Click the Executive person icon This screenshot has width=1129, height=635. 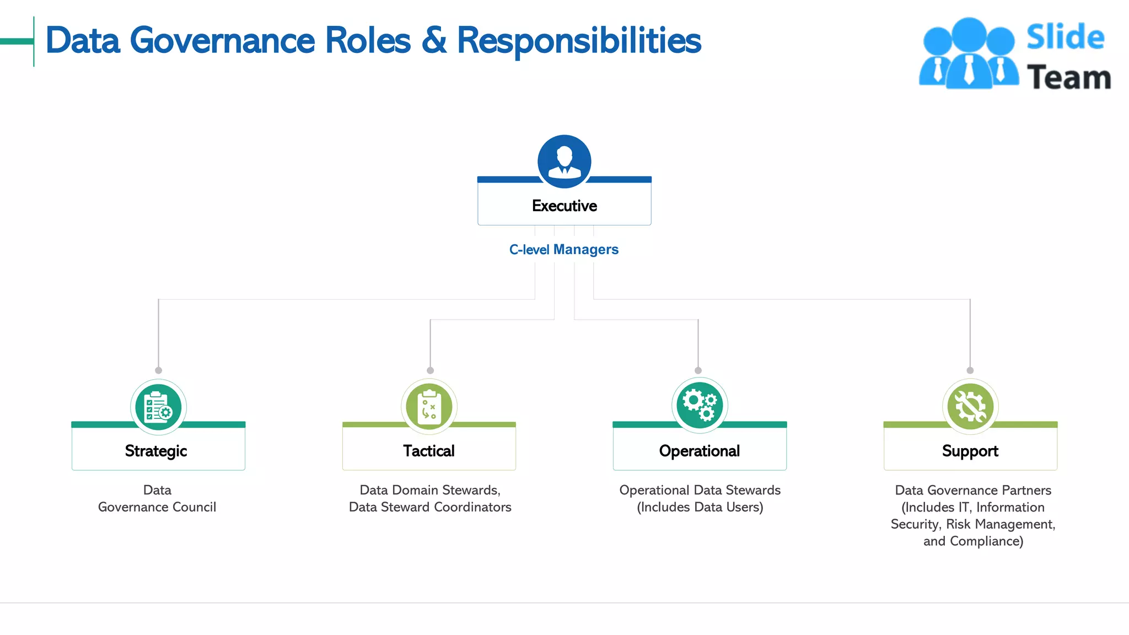pyautogui.click(x=564, y=161)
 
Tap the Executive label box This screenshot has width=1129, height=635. pyautogui.click(x=564, y=206)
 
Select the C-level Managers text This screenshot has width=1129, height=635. pyautogui.click(x=563, y=250)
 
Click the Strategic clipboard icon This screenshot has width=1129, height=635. pyautogui.click(x=158, y=407)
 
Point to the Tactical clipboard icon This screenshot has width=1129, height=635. pyautogui.click(x=429, y=407)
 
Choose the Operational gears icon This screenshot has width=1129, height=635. pyautogui.click(x=700, y=406)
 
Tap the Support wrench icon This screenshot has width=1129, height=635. pyautogui.click(x=970, y=407)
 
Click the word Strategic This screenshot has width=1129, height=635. pyautogui.click(x=156, y=451)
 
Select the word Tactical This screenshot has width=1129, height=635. pyautogui.click(x=429, y=451)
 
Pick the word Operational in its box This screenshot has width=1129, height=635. pyautogui.click(x=700, y=451)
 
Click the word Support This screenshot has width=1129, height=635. pyautogui.click(x=970, y=451)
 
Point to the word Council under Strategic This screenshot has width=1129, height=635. pyautogui.click(x=194, y=507)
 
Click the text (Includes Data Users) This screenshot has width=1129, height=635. pyautogui.click(x=700, y=507)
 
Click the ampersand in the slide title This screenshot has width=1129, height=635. pyautogui.click(x=434, y=41)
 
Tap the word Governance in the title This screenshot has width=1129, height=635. pyautogui.click(x=223, y=41)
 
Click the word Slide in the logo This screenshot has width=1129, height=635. pyautogui.click(x=1065, y=37)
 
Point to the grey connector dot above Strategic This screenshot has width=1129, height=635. pyautogui.click(x=158, y=370)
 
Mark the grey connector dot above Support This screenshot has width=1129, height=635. pyautogui.click(x=970, y=370)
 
